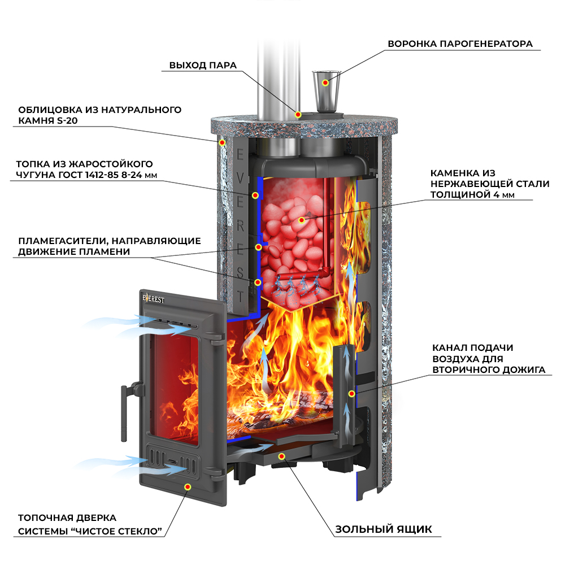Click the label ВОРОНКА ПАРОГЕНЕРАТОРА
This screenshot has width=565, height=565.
(460, 44)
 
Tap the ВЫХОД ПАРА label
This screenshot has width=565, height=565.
(203, 65)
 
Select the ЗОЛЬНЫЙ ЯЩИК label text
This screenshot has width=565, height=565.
(384, 529)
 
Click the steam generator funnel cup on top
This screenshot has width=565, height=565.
(326, 90)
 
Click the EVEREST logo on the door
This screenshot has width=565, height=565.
(154, 299)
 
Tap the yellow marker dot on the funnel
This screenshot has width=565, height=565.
(325, 82)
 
